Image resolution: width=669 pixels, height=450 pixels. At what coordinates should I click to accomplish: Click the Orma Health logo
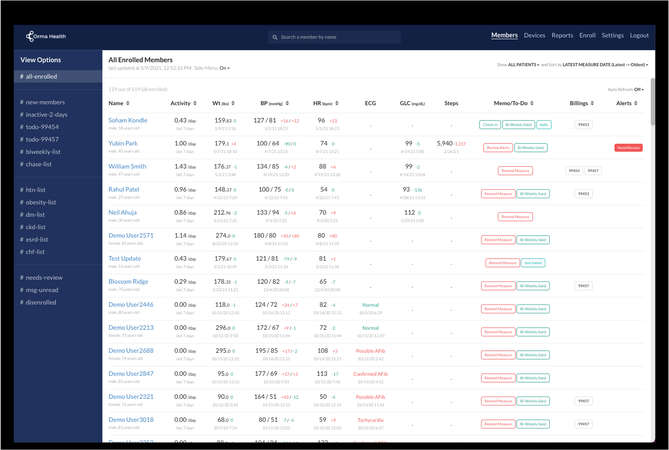[x=46, y=36]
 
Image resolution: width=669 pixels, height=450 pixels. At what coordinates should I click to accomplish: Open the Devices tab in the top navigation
[x=534, y=35]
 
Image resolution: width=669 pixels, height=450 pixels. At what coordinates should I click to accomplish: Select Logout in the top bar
[x=639, y=35]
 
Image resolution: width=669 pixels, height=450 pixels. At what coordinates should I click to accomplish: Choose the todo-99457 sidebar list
[x=42, y=139]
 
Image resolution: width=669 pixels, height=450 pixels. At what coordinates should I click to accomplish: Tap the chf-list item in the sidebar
[x=35, y=252]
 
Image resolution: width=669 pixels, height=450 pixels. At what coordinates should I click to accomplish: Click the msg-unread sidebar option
[x=42, y=290]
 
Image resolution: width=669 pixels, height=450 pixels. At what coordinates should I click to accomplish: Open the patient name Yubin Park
[x=123, y=143]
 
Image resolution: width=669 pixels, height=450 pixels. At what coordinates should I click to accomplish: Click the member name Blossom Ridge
[x=128, y=281]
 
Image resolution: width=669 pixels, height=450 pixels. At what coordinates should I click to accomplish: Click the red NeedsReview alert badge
[x=628, y=147]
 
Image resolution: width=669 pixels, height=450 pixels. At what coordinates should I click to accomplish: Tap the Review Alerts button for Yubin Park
[x=498, y=147]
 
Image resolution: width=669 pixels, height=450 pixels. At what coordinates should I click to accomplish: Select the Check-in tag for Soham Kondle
[x=490, y=125]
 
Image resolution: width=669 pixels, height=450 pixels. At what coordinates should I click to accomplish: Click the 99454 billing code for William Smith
[x=574, y=171]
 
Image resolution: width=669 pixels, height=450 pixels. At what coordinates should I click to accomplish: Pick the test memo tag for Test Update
[x=533, y=263]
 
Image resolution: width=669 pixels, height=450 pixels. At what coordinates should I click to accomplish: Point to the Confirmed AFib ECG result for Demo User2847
[x=370, y=374]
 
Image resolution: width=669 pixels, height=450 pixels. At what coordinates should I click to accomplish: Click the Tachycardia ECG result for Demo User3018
[x=370, y=420]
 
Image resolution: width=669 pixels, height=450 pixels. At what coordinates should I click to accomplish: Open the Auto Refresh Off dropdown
[x=639, y=90]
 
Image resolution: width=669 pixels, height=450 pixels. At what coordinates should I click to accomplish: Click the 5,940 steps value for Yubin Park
[x=444, y=143]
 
